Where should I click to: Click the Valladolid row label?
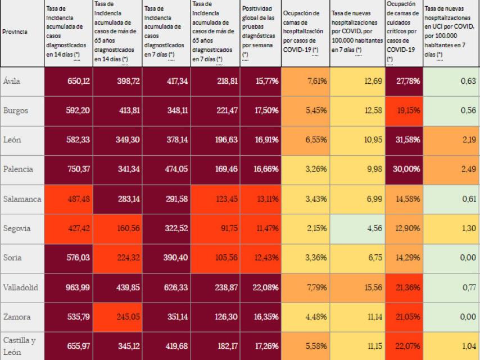[21, 288]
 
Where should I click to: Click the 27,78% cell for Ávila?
[402, 81]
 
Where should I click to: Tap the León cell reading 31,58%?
[402, 140]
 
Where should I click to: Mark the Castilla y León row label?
[21, 345]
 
